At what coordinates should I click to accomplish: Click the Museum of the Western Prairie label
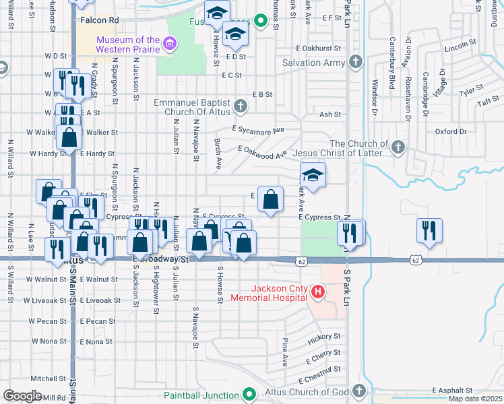click(x=127, y=44)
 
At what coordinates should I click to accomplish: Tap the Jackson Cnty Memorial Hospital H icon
click(x=317, y=292)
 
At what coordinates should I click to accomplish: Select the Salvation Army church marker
click(x=356, y=63)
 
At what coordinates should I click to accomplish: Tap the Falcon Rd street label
click(x=99, y=21)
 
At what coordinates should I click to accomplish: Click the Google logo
click(x=22, y=396)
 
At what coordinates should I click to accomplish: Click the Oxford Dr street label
click(x=450, y=131)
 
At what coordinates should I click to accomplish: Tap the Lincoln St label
click(x=461, y=47)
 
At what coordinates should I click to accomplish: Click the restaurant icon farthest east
click(x=429, y=231)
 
